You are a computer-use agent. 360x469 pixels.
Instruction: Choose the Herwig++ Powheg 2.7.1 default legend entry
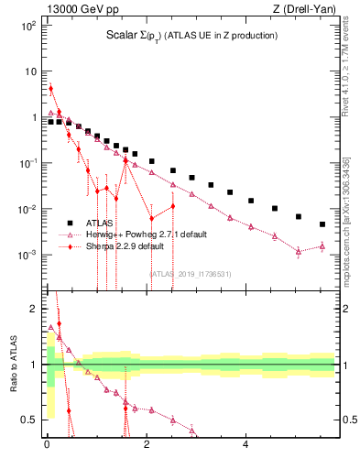pyautogui.click(x=147, y=234)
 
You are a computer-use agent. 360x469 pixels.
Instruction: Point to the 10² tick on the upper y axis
pyautogui.click(x=28, y=26)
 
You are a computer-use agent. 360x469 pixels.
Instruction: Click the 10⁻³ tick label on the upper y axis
pyautogui.click(x=27, y=255)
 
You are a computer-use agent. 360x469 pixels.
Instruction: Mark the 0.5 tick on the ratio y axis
pyautogui.click(x=29, y=420)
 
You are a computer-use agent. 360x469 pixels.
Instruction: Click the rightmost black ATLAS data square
pyautogui.click(x=322, y=224)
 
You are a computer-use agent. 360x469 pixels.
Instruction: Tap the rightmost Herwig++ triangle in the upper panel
pyautogui.click(x=322, y=245)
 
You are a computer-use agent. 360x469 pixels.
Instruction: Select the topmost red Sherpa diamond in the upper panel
pyautogui.click(x=50, y=89)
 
